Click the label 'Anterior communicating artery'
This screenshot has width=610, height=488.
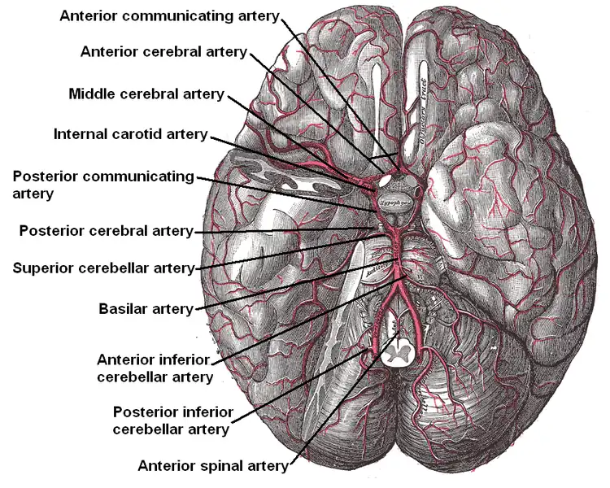(169, 16)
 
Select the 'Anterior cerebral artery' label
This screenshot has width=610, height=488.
(163, 52)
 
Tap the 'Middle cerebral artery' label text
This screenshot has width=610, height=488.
(146, 94)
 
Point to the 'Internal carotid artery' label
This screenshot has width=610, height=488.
(130, 133)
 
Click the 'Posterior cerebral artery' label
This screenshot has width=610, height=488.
(106, 231)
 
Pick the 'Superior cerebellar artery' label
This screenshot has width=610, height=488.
(104, 268)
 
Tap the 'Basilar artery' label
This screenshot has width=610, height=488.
(146, 309)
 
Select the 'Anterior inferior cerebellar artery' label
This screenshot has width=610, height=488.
(154, 368)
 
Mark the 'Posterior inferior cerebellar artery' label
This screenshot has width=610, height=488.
(172, 420)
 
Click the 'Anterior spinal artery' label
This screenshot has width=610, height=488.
(213, 466)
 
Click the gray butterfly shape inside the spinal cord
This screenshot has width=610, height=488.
(399, 351)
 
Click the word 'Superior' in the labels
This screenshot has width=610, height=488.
(41, 268)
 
